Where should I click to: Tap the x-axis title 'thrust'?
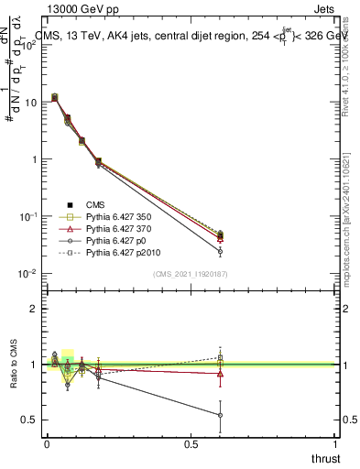point(325,458)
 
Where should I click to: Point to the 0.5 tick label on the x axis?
point(191,442)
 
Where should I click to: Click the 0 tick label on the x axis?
point(47,442)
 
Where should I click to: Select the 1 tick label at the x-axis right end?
point(335,442)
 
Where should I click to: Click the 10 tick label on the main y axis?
point(30,102)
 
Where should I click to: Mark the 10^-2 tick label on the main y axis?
point(27,273)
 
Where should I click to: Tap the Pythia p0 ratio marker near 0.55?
point(220,415)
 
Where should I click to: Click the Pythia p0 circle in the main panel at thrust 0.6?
point(220,251)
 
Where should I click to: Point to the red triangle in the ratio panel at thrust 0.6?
point(220,373)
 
